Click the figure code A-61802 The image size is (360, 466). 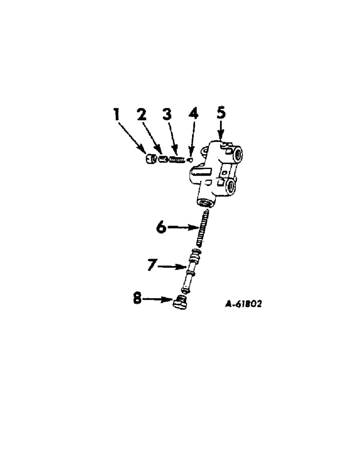point(243,304)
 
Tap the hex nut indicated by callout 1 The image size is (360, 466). point(150,159)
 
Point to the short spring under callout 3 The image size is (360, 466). point(175,160)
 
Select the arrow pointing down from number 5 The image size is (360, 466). point(222,130)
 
